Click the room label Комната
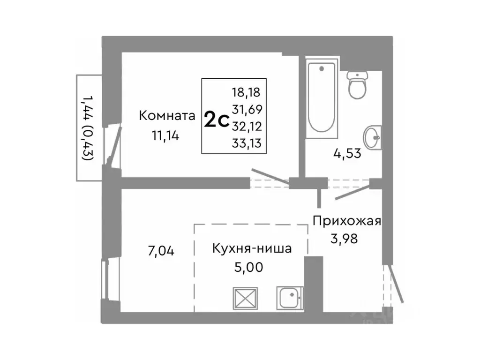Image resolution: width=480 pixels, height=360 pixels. coord(167,116)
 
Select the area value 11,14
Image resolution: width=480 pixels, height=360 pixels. coord(165,136)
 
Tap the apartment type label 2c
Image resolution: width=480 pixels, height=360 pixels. coord(216,120)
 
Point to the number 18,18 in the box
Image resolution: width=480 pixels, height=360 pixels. coord(248,91)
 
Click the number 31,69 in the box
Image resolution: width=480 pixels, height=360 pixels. coord(248,109)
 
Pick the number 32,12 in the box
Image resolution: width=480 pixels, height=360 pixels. coord(248,126)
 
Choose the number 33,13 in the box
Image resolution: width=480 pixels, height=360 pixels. coord(248,143)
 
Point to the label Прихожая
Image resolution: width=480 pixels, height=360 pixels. coord(346,221)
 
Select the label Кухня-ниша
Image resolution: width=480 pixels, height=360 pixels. coord(252,248)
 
